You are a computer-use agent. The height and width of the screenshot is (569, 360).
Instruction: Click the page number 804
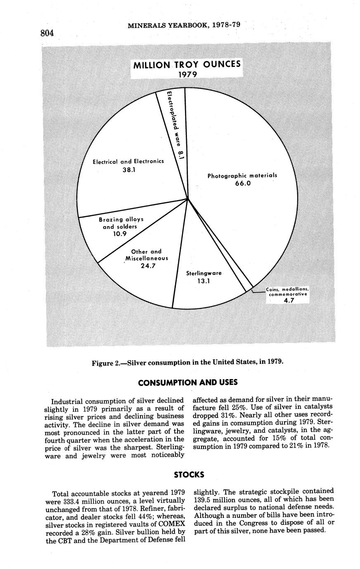click(47, 33)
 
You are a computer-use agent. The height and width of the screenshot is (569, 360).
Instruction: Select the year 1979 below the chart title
click(187, 74)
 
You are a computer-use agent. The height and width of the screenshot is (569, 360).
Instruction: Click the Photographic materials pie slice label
click(242, 175)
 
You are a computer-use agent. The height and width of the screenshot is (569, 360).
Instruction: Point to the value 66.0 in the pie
click(243, 183)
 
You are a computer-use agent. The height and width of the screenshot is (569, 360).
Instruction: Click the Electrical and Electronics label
click(128, 161)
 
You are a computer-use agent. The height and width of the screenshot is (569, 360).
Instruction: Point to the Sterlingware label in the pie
click(204, 273)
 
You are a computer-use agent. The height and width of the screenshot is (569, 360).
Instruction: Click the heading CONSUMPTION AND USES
click(187, 382)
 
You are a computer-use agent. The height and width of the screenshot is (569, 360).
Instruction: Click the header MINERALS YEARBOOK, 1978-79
click(184, 25)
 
